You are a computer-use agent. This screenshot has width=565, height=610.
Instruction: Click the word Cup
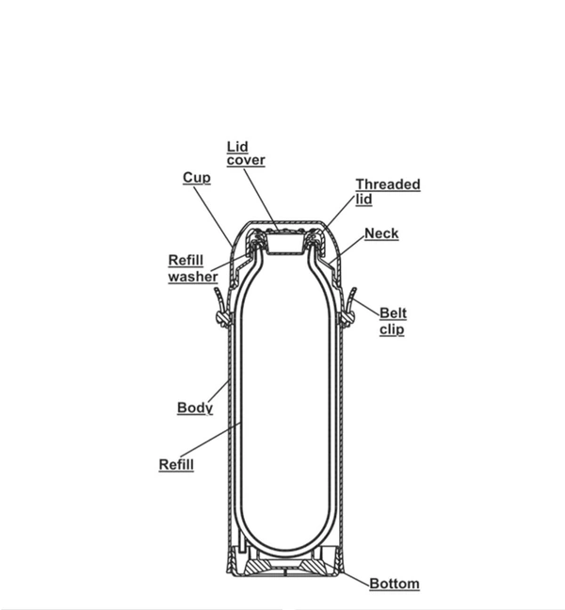point(197,178)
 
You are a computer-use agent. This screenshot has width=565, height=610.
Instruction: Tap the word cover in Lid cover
point(246,160)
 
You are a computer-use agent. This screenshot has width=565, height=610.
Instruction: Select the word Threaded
point(388,184)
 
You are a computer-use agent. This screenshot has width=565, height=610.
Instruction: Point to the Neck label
point(381,233)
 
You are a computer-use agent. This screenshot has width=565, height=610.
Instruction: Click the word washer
point(193,277)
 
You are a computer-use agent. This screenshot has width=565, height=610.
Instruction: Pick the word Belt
point(393,313)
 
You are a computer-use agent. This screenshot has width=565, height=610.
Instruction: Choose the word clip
point(392,329)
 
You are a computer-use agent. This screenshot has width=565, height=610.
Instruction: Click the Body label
point(195,408)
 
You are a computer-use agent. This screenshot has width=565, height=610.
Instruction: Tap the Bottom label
point(395,584)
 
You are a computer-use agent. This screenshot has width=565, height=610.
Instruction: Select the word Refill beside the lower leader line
point(176,464)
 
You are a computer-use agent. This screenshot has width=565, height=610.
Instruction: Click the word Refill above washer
point(186,260)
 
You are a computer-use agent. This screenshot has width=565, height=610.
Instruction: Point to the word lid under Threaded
point(363,200)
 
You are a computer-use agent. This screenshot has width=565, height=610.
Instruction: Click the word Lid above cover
point(237,147)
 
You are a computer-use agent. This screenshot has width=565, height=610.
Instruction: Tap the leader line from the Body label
point(219,391)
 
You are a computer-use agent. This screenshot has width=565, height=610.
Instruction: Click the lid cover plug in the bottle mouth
point(284,244)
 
